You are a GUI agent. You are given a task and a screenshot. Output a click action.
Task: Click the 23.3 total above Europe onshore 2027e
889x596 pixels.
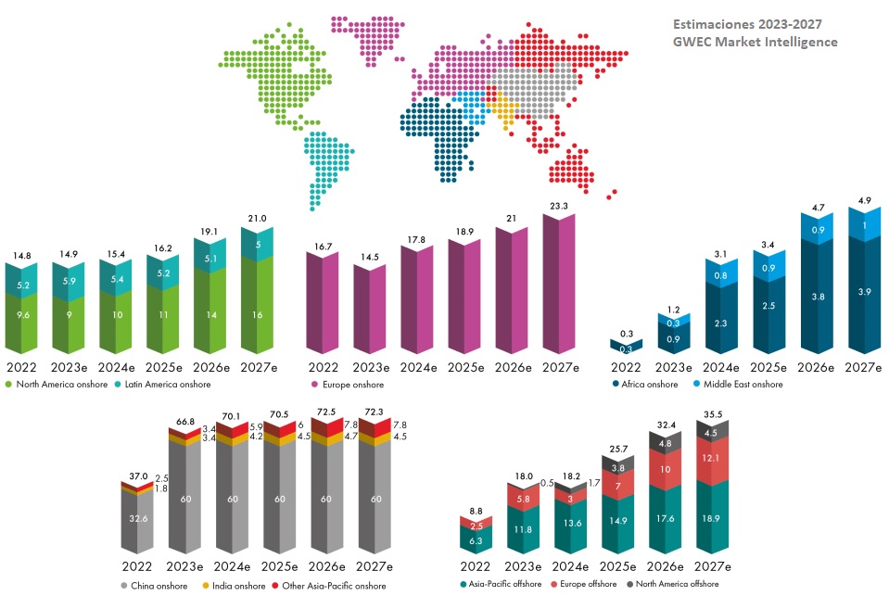pyautogui.click(x=558, y=207)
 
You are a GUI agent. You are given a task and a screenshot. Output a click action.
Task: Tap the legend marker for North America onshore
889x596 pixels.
pyautogui.click(x=9, y=384)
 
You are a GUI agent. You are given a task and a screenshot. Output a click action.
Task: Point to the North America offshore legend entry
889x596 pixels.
pyautogui.click(x=676, y=584)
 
